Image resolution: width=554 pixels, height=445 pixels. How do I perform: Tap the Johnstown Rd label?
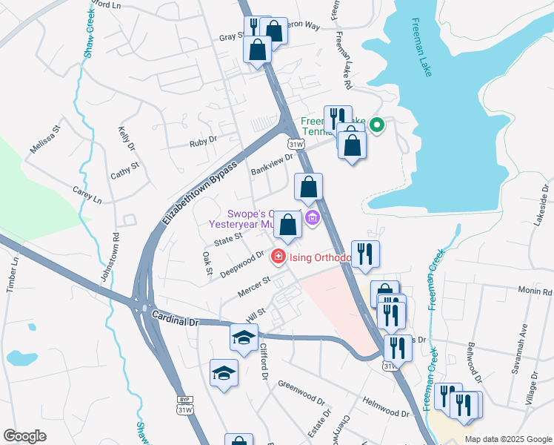pyautogui.click(x=110, y=260)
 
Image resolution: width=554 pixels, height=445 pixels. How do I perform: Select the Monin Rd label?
pyautogui.click(x=535, y=291)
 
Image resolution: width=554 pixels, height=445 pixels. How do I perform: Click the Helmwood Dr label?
pyautogui.click(x=385, y=407)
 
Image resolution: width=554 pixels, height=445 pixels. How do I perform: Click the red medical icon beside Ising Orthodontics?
pyautogui.click(x=278, y=257)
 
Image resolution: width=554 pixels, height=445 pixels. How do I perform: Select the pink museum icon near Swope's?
pyautogui.click(x=312, y=217)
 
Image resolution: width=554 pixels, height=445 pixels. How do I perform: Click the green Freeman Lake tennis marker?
pyautogui.click(x=377, y=125)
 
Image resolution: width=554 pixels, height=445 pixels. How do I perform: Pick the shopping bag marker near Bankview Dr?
pyautogui.click(x=308, y=187)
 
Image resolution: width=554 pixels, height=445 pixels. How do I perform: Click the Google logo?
pyautogui.click(x=24, y=436)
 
